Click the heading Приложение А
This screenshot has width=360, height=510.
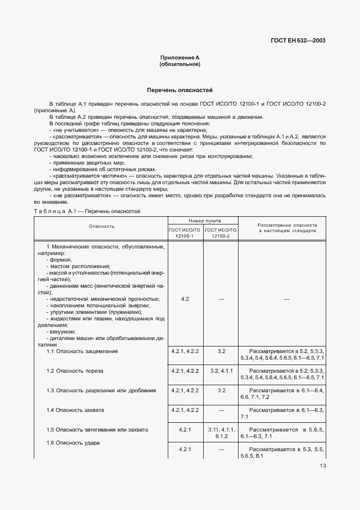tap(180, 58)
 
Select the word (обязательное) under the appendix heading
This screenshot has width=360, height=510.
tap(180, 65)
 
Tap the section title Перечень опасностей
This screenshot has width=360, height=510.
tap(180, 89)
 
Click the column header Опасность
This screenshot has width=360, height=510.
tap(101, 226)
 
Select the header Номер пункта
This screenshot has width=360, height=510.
tap(204, 220)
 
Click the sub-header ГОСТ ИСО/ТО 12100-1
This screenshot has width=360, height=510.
tap(185, 233)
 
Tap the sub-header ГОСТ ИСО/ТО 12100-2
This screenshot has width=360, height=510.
tap(221, 233)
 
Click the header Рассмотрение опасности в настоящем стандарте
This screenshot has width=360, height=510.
tap(287, 228)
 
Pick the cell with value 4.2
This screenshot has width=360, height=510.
tap(185, 299)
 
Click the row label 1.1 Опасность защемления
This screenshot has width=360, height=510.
tap(82, 351)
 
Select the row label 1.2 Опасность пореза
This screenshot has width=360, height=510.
tap(75, 371)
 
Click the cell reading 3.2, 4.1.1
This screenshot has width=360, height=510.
tap(221, 371)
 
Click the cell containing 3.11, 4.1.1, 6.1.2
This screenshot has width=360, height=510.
tap(221, 433)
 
